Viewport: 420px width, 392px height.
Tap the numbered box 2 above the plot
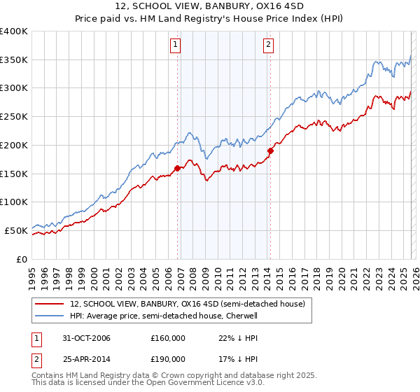[268, 45]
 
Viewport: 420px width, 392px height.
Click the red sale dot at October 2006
[177, 168]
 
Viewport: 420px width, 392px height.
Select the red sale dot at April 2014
[269, 150]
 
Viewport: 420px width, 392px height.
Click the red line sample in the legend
[49, 304]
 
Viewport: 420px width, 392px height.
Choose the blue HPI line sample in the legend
[49, 316]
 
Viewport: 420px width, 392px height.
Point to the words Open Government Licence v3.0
[203, 384]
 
